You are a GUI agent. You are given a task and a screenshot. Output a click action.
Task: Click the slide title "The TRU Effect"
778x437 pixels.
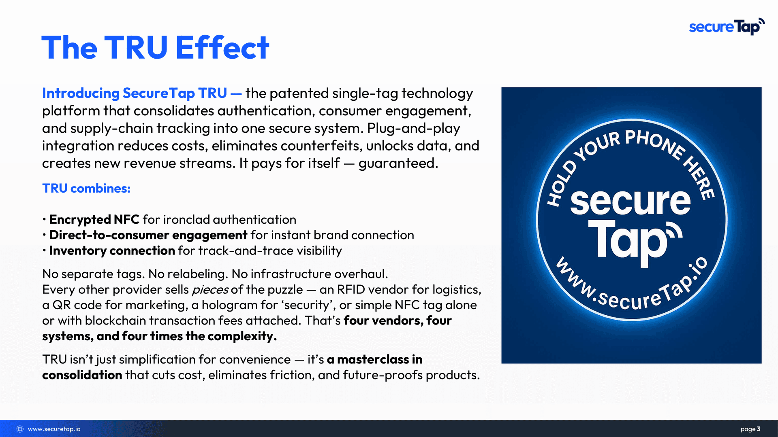155,48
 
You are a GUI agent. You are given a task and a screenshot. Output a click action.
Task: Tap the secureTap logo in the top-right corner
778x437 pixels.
727,27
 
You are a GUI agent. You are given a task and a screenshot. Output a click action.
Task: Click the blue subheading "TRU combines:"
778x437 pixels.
86,189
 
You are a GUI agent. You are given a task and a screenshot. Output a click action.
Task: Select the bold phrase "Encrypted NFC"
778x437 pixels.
94,220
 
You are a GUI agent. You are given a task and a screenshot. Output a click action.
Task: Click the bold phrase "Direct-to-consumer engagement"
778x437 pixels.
148,235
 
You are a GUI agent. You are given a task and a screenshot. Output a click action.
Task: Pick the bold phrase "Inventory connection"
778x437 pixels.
112,251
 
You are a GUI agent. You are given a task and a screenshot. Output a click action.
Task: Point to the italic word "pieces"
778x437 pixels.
210,290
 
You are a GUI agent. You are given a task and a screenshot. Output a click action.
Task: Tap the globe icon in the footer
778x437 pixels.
20,429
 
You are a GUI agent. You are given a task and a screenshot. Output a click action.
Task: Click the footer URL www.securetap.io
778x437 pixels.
54,429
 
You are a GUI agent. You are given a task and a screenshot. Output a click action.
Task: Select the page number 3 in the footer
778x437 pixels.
759,429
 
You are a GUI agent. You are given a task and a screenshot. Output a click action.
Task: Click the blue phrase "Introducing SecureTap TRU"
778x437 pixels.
135,93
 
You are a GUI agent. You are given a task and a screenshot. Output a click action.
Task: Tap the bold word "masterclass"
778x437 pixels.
373,360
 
